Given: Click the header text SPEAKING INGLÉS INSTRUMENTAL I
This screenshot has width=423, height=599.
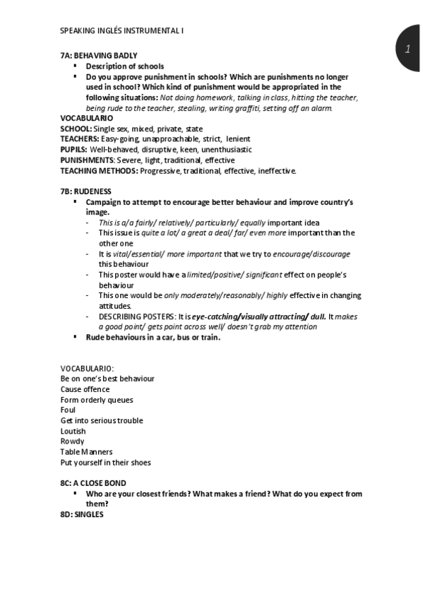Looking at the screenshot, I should (x=123, y=30).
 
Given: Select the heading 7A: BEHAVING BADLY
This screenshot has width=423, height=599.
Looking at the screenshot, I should (x=99, y=55).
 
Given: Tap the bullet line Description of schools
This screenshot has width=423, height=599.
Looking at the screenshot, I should (x=114, y=66).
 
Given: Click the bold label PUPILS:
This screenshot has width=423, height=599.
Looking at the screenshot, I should (x=74, y=150).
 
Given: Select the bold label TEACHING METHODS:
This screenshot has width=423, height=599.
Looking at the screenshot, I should (x=100, y=171).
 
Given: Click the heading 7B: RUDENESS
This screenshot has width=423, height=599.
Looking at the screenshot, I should (x=85, y=191).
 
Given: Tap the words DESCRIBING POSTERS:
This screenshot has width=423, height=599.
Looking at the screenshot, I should (x=134, y=316).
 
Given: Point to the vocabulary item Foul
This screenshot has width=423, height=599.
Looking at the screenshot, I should (x=68, y=410).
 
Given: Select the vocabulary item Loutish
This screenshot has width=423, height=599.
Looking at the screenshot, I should (x=73, y=431).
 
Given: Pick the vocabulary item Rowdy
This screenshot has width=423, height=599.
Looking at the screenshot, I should (x=72, y=441).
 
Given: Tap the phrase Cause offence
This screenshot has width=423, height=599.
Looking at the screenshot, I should (x=85, y=389).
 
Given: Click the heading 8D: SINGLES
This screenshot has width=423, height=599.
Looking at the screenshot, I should (x=82, y=514).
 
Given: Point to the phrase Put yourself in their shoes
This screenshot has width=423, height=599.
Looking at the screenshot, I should (x=105, y=463).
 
